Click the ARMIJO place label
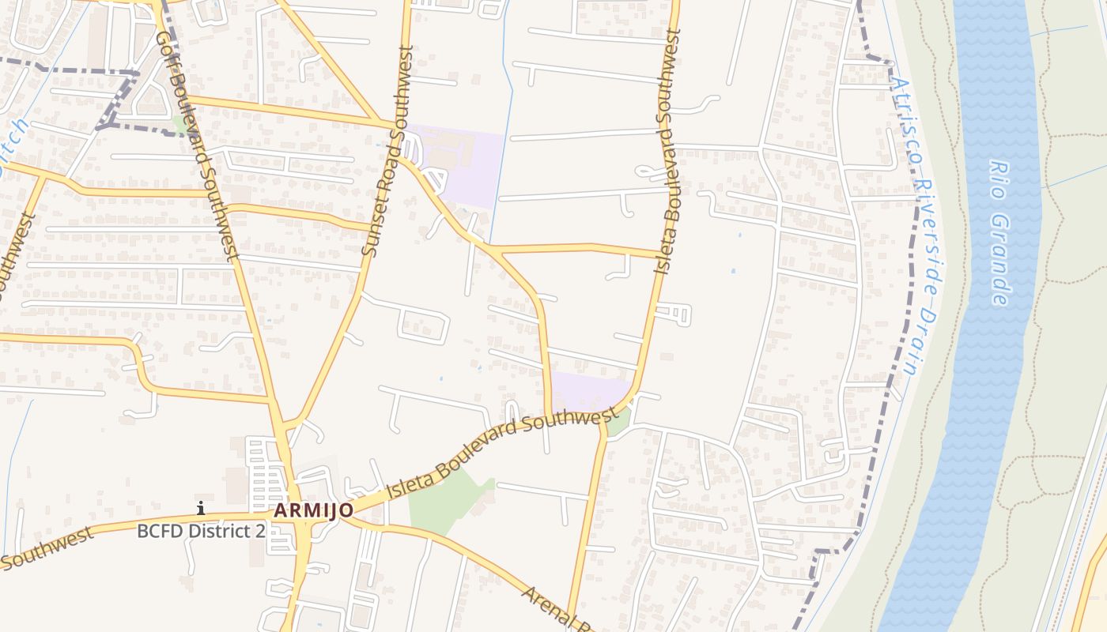[x=313, y=510]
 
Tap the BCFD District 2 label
[x=201, y=530]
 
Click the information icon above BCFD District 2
[x=201, y=508]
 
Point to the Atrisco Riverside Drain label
[x=917, y=225]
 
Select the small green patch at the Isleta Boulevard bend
[x=618, y=423]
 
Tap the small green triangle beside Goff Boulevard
[x=181, y=125]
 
